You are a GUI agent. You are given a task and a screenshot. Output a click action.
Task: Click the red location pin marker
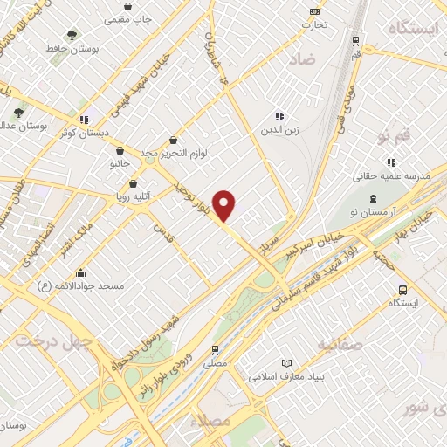225,205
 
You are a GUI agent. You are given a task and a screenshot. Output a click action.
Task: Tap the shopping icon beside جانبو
120,150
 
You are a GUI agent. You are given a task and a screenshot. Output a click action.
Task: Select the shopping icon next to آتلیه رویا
133,184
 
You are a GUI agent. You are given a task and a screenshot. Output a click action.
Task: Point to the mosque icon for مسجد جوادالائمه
80,273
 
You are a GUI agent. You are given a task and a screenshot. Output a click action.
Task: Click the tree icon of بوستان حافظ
72,35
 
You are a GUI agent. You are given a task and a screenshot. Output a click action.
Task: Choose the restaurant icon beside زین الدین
279,116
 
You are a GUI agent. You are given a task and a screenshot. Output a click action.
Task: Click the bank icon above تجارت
314,11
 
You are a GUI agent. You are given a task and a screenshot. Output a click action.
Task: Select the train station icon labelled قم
356,40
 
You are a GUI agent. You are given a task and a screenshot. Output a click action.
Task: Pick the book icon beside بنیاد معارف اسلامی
287,363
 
